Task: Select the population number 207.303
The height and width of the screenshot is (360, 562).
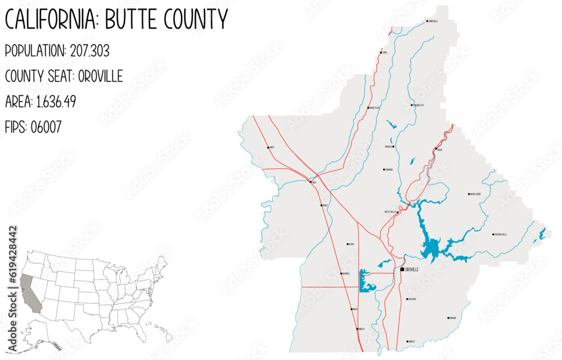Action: click(x=90, y=51)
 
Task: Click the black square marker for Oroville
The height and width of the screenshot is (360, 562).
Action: click(x=402, y=269)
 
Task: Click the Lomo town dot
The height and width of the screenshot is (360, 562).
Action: click(x=381, y=53)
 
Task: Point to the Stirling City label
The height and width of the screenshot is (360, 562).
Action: click(x=419, y=105)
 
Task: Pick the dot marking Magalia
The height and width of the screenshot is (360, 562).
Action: click(x=393, y=146)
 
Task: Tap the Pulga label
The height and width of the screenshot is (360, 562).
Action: click(x=440, y=150)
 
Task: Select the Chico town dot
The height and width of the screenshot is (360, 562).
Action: click(x=310, y=182)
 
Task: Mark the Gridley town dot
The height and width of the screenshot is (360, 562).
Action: click(x=356, y=328)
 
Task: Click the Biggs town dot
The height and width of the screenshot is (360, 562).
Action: click(x=352, y=309)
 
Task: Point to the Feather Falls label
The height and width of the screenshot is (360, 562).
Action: click(x=501, y=235)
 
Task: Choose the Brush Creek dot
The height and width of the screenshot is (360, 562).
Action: click(x=469, y=194)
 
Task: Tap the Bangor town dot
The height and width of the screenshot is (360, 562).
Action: click(x=448, y=318)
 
